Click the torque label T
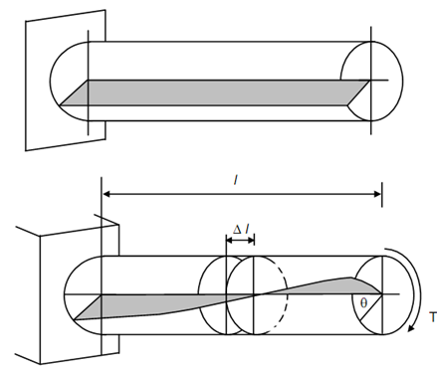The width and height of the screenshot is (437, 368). tap(433, 317)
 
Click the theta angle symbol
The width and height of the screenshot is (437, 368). tap(363, 303)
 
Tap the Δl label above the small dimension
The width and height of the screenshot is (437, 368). tap(241, 230)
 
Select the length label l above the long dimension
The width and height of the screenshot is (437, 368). tap(235, 180)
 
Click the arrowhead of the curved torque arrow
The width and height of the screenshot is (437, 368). tap(411, 328)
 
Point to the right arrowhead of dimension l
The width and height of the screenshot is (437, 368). tap(377, 194)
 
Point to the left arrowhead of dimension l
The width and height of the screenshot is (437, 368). tap(107, 194)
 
